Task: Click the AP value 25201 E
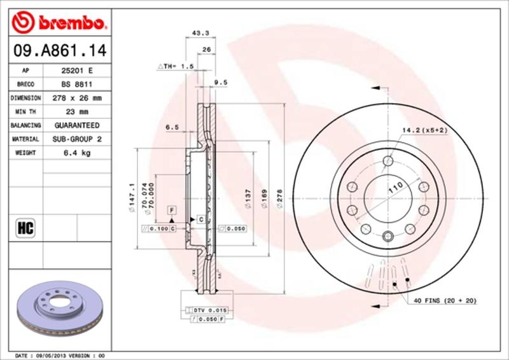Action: click(74, 71)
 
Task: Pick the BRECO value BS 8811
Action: click(74, 85)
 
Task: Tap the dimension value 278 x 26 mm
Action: click(74, 99)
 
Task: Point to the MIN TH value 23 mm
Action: click(74, 112)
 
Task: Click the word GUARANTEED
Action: click(74, 125)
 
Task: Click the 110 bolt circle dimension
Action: click(396, 188)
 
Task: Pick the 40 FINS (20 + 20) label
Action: click(445, 300)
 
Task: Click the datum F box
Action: click(172, 209)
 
